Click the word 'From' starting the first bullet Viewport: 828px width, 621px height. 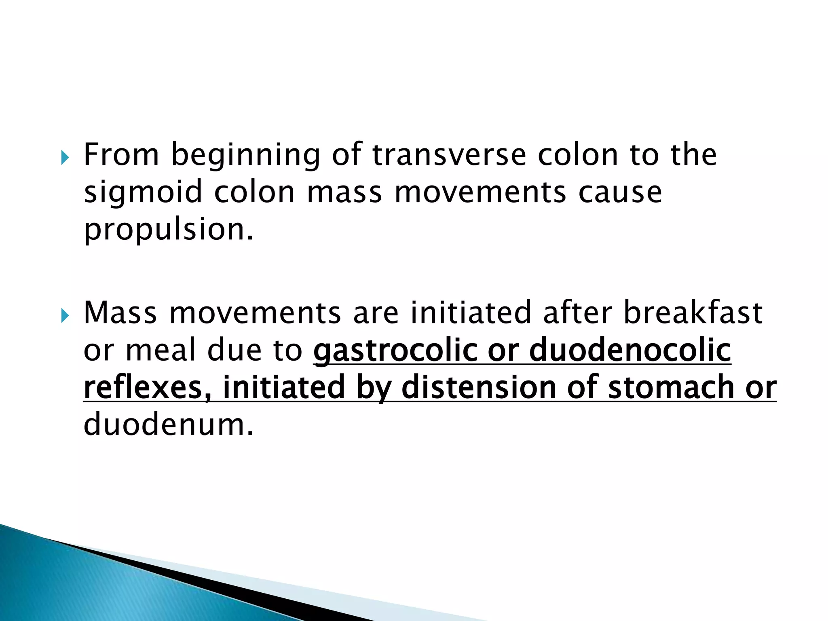(x=121, y=154)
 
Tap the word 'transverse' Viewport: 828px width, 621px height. (x=449, y=155)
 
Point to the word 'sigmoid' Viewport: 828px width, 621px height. (x=143, y=192)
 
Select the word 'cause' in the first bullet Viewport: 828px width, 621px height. (x=620, y=192)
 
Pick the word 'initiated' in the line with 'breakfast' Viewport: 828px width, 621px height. (x=471, y=313)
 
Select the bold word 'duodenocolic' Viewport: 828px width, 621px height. (x=630, y=350)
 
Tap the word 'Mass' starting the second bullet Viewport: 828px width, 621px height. (x=120, y=313)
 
